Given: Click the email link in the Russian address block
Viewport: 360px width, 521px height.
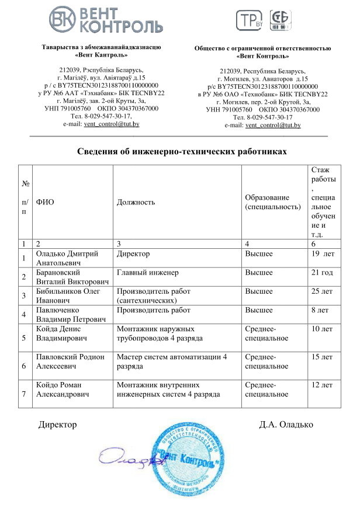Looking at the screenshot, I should (x=273, y=125).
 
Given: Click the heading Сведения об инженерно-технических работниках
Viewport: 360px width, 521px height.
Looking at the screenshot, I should (x=182, y=151).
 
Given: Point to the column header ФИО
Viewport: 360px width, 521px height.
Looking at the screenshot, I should (x=45, y=202).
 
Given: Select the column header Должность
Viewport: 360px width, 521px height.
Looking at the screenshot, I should (x=136, y=202).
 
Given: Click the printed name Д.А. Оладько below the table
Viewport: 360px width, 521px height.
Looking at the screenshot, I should (x=286, y=424).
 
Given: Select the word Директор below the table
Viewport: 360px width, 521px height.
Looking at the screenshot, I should (x=57, y=424).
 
